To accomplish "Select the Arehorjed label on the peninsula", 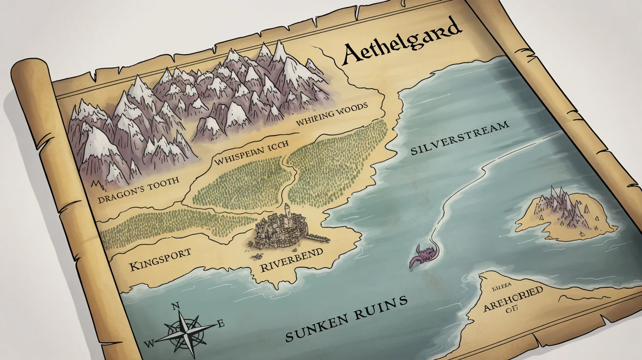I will tap(513, 299).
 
